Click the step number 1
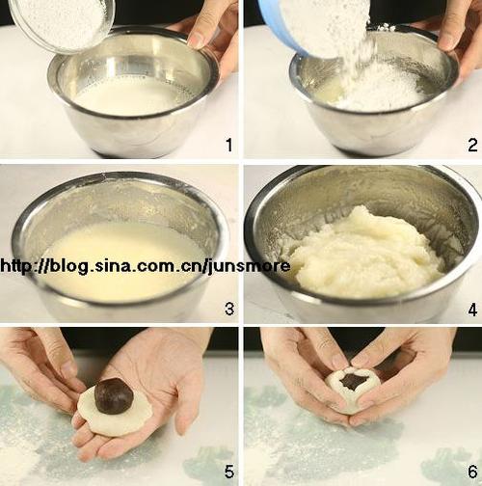[x=228, y=145]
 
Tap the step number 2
[x=472, y=145]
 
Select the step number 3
[x=229, y=309]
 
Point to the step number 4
[x=472, y=310]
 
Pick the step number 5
[x=229, y=472]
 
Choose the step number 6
[x=472, y=472]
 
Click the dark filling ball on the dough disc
[x=114, y=396]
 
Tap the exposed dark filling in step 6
[x=354, y=380]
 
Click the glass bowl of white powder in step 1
[x=63, y=22]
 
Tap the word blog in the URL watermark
[x=68, y=267]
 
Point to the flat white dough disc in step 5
[x=115, y=410]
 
